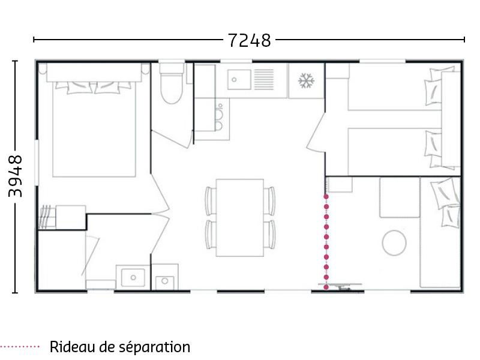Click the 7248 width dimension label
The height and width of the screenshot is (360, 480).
[249, 40]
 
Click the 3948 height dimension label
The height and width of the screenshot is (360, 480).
[16, 176]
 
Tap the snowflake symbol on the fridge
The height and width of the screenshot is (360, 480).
[307, 80]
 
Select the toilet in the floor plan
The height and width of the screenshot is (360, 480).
[172, 87]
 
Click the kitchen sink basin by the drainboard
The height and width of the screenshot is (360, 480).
[239, 78]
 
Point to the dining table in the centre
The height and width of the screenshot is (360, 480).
[240, 217]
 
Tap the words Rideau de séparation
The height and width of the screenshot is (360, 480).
[120, 347]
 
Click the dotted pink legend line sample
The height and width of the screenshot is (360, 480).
[20, 347]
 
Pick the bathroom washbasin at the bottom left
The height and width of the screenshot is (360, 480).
[133, 277]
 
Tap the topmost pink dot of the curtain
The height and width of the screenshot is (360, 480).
[326, 197]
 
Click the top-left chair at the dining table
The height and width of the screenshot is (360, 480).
[210, 200]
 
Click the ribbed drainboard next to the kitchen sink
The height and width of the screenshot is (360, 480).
[263, 78]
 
